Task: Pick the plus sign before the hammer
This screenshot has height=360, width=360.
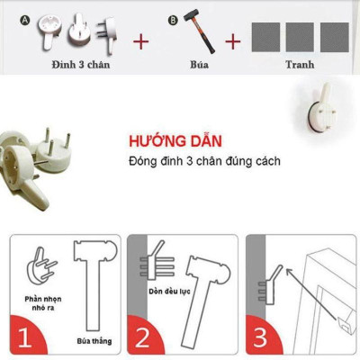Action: [x=140, y=41]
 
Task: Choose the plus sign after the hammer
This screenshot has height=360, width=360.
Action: [x=233, y=41]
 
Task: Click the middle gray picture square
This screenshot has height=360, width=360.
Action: [x=300, y=37]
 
